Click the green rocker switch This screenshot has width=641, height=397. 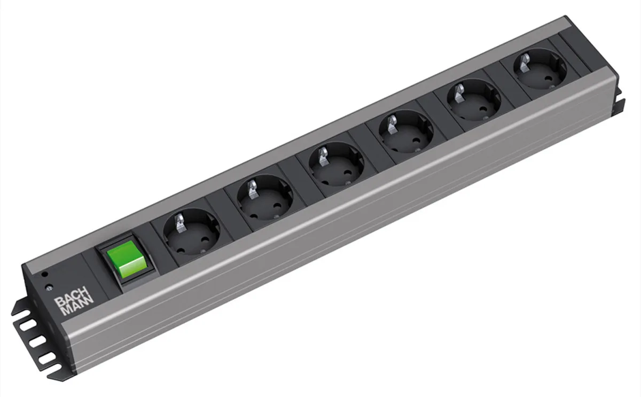(x=127, y=259)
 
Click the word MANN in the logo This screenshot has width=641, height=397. (x=78, y=307)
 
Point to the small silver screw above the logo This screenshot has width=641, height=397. (x=49, y=286)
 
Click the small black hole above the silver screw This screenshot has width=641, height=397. (x=44, y=274)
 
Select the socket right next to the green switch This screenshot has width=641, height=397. (x=191, y=231)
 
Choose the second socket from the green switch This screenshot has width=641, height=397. (x=265, y=198)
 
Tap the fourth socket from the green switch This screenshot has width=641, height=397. (x=406, y=133)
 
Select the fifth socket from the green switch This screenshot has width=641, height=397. (x=474, y=100)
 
